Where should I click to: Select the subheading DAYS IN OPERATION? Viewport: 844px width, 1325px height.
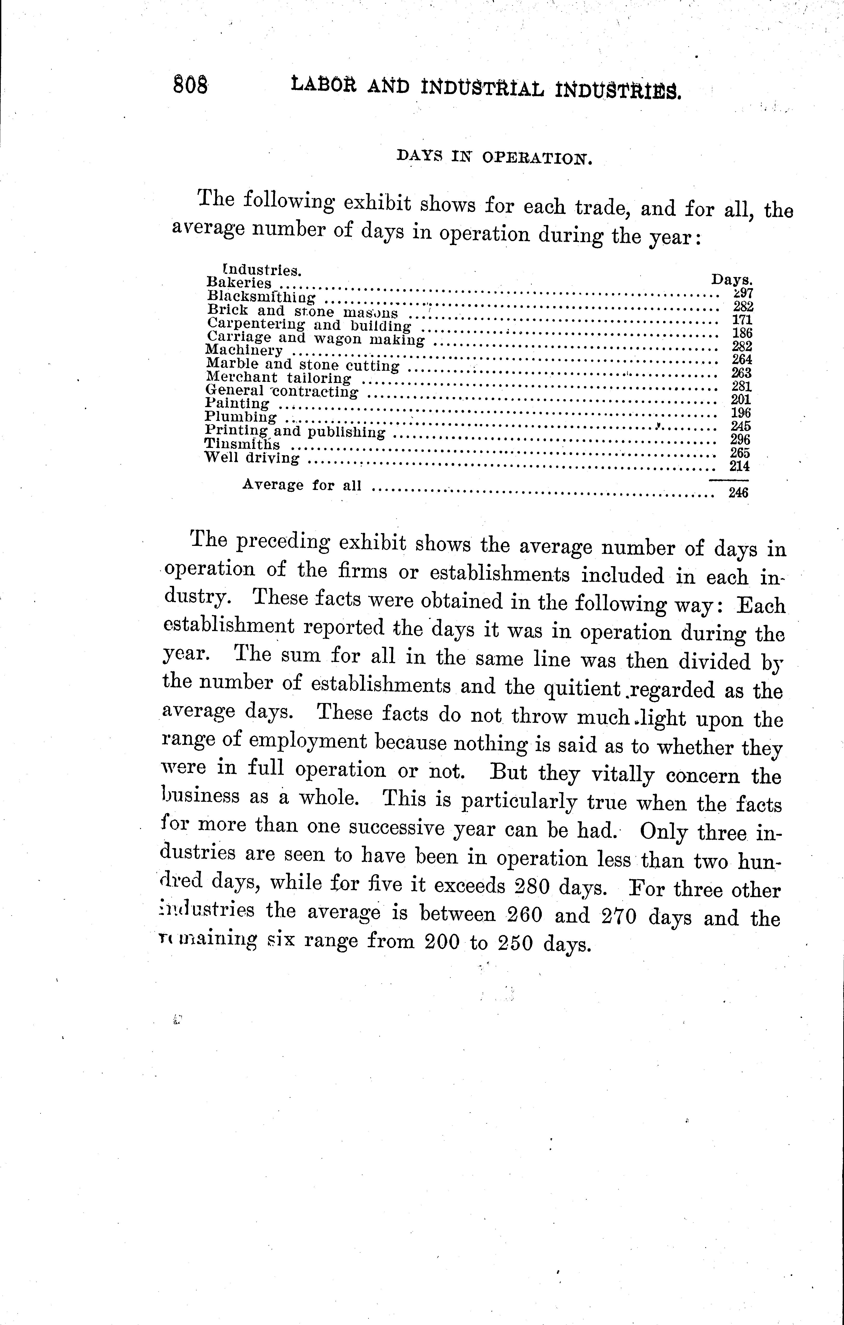click(x=493, y=158)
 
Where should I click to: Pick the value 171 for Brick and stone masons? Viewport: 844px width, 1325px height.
click(x=742, y=320)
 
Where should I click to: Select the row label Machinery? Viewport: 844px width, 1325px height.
click(x=244, y=350)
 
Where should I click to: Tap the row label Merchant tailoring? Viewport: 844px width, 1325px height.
click(x=278, y=378)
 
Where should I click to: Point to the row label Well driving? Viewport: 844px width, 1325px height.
click(x=252, y=458)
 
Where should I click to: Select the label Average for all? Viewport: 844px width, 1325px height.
click(x=301, y=485)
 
